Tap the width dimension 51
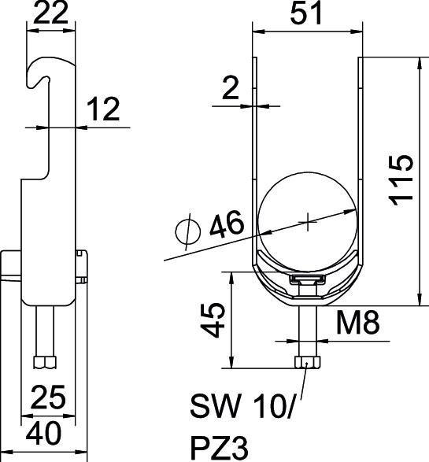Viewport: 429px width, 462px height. [307, 14]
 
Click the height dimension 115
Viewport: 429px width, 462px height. [401, 180]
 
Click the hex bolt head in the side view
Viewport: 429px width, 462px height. [46, 362]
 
